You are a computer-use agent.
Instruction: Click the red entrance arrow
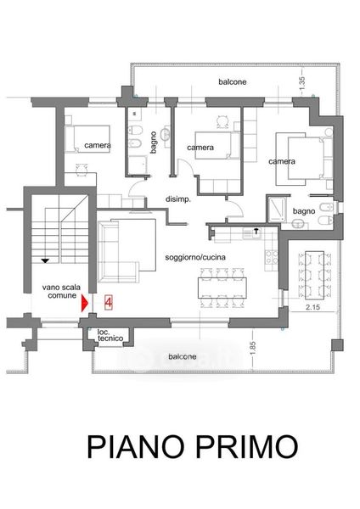pos(84,303)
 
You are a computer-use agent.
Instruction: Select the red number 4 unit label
pos(108,303)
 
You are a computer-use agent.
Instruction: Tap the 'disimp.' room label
pos(177,199)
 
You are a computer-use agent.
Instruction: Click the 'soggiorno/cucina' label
pos(195,257)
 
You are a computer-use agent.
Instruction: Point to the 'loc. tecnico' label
pos(110,335)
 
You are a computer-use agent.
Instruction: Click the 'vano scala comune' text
pos(61,292)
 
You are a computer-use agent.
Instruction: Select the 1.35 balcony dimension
pos(302,84)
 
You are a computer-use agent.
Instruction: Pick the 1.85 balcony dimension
pos(253,348)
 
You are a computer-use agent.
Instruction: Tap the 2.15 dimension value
pos(313,307)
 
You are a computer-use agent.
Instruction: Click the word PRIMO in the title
pos(247,446)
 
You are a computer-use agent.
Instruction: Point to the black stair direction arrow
pos(45,260)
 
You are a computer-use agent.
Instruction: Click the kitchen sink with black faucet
pos(252,233)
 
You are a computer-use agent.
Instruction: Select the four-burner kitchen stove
pos(272,257)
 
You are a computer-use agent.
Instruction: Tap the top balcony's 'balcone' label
pos(233,81)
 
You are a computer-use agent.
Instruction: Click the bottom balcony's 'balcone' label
pos(183,356)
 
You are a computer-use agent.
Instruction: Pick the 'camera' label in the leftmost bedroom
pos(98,145)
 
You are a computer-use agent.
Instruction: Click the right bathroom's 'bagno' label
pos(304,211)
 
